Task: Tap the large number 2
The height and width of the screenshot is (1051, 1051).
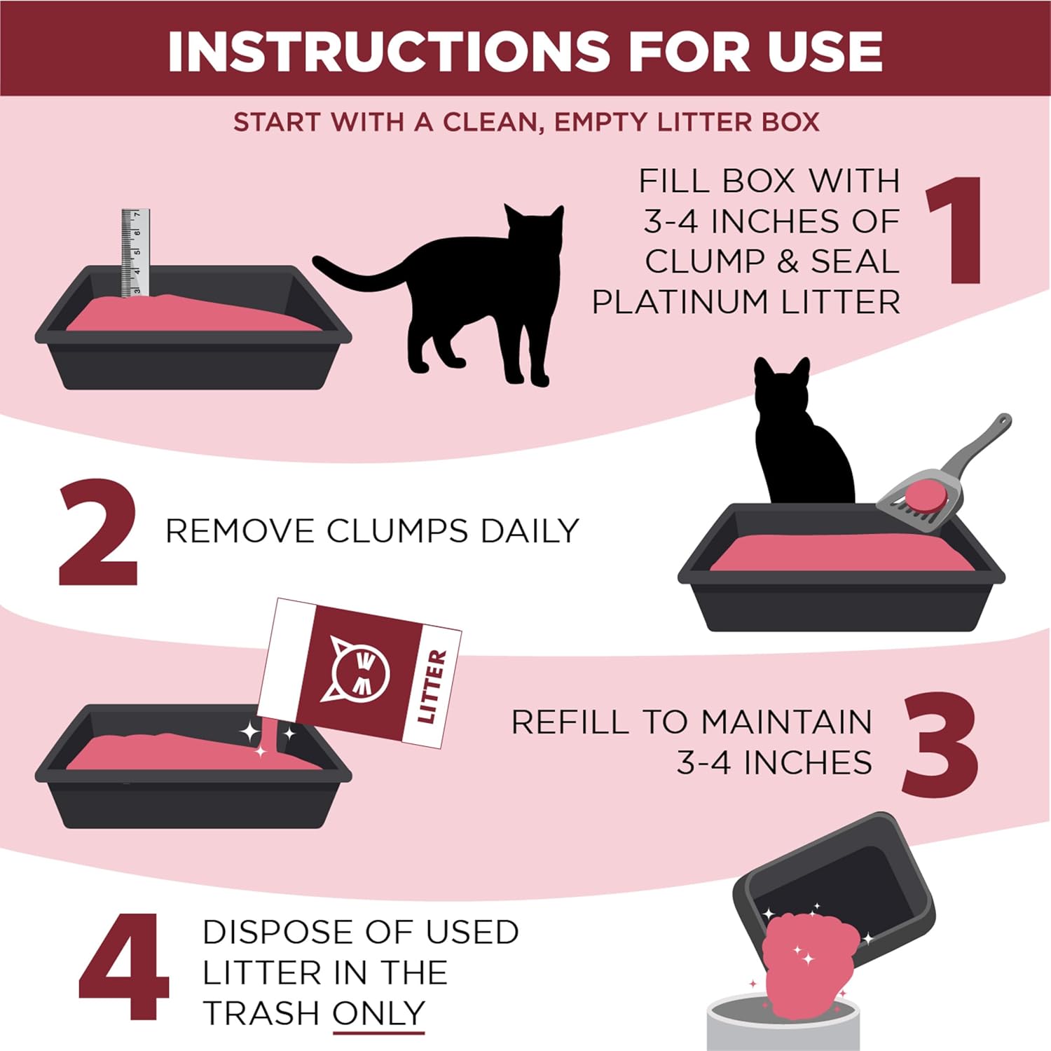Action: [98, 533]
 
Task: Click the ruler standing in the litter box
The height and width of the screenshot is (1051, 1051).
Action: [135, 252]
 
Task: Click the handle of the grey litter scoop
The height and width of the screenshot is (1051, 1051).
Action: [981, 441]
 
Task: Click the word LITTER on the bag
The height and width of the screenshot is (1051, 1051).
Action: [432, 687]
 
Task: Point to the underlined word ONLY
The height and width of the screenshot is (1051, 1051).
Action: [378, 1013]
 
